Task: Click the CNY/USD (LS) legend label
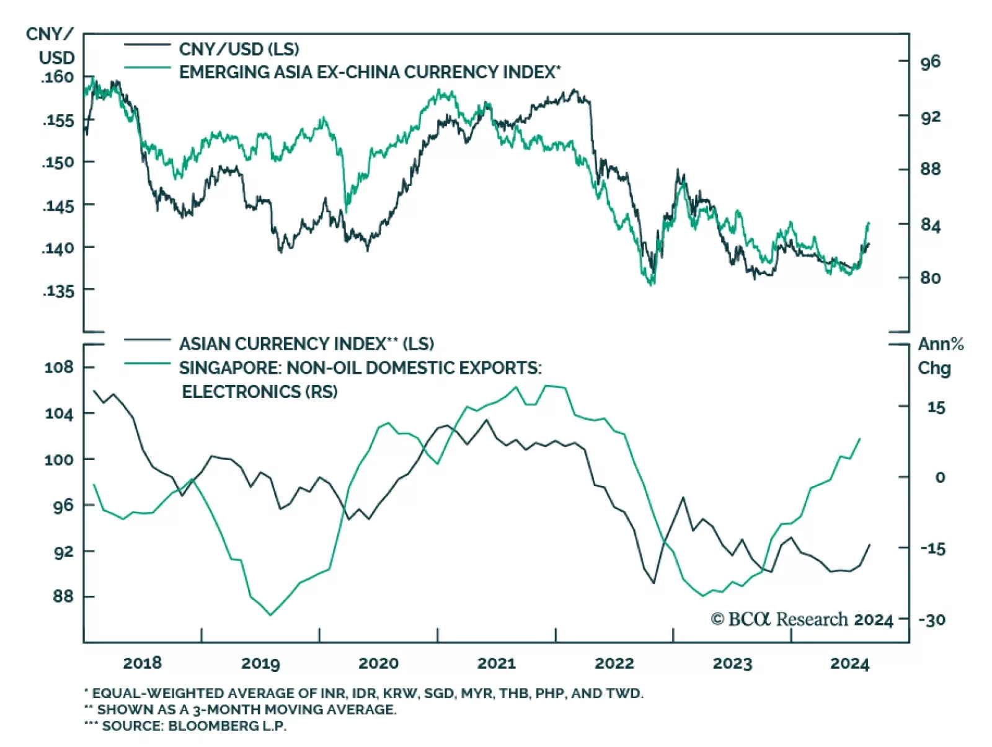click(239, 49)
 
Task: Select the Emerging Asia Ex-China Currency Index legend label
click(370, 72)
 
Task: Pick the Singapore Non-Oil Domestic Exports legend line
click(147, 363)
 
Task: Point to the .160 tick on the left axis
click(57, 77)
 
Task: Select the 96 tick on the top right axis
click(930, 61)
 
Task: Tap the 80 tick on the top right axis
click(930, 277)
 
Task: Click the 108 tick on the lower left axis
click(58, 367)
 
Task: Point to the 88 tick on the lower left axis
click(63, 596)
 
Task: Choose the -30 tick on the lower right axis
click(932, 619)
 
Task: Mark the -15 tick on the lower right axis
click(932, 549)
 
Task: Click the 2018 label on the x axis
click(142, 663)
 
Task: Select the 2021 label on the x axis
click(496, 663)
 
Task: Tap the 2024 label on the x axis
click(849, 663)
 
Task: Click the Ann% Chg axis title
click(940, 356)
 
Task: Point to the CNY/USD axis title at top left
click(51, 46)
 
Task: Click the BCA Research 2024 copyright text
click(802, 619)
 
